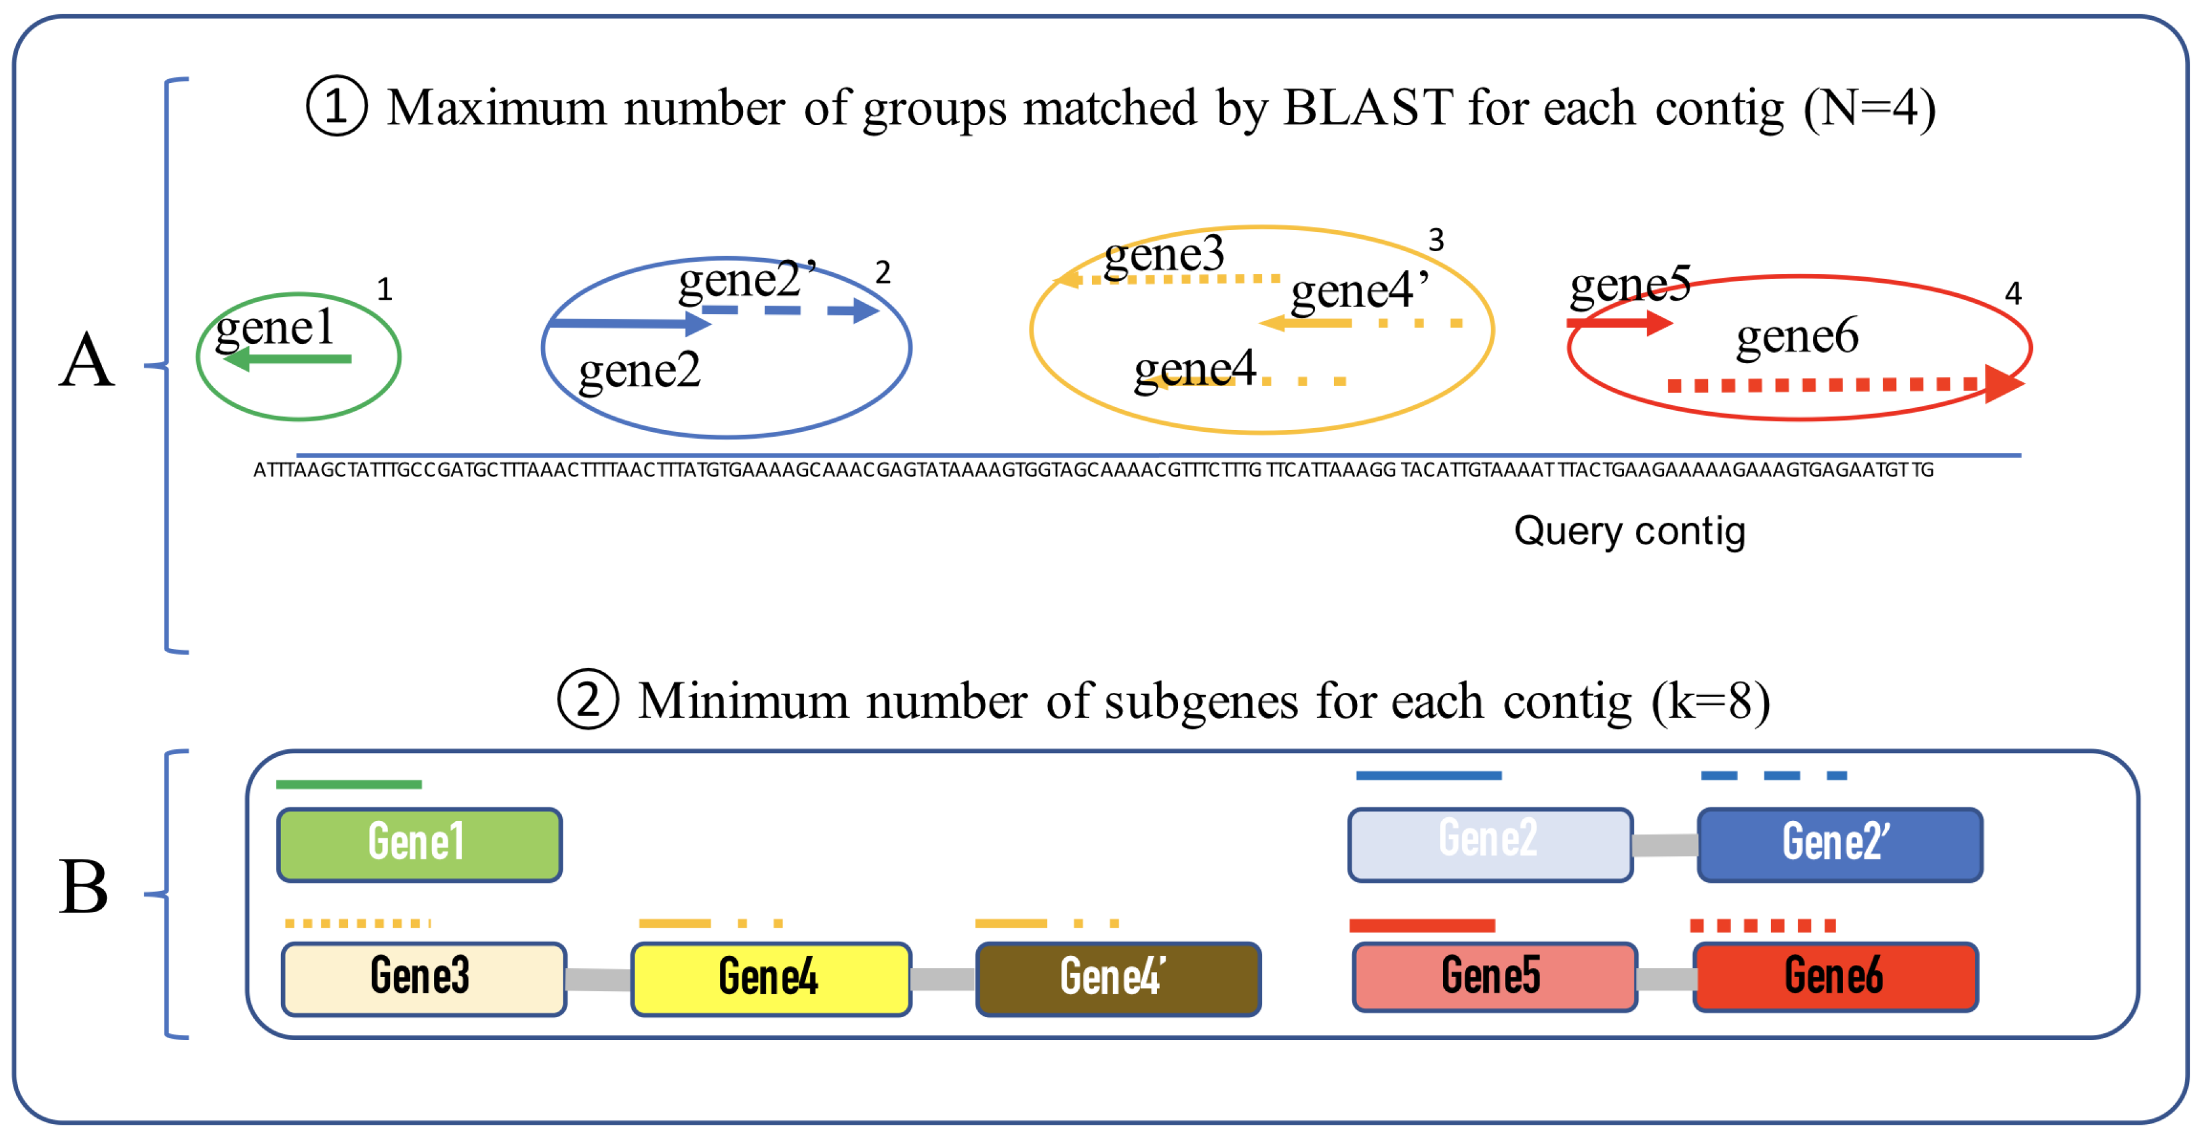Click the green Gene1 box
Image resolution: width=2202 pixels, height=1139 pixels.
pos(419,845)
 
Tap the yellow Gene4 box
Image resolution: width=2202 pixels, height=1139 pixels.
pos(770,978)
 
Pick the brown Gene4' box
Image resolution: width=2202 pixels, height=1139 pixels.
pos(1117,978)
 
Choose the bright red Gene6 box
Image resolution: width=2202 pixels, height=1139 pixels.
pos(1834,977)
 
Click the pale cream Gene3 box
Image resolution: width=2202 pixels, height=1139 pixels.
pos(423,978)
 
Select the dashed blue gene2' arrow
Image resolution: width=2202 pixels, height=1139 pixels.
pos(791,310)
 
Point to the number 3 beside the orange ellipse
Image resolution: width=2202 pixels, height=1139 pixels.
pos(1436,240)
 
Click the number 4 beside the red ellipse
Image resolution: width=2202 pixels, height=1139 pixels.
pos(2013,294)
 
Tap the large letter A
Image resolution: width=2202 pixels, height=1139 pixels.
pos(86,361)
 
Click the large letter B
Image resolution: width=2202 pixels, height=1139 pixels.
pos(84,887)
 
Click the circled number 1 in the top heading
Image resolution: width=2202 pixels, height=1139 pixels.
pos(337,107)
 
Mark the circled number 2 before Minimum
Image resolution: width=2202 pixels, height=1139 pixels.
pos(587,700)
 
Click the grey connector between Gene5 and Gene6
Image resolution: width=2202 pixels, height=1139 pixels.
pos(1665,978)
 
